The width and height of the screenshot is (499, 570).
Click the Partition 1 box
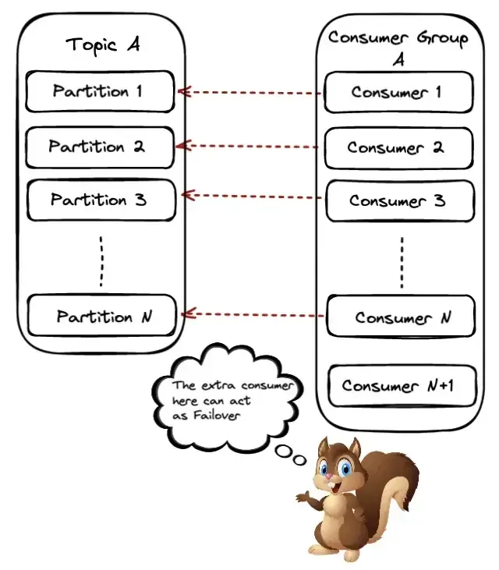pos(99,91)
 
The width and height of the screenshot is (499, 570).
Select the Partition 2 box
pos(99,147)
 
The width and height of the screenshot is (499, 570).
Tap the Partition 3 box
pos(99,200)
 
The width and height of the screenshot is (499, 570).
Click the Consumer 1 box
pos(398,92)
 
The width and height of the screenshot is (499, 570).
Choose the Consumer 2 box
pos(398,147)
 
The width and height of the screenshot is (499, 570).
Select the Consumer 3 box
pos(398,200)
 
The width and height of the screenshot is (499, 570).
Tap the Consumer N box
pos(401,317)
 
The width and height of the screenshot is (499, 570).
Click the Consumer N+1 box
pos(401,386)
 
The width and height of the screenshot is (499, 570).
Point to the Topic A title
pos(102,44)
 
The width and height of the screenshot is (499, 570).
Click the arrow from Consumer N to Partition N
pos(253,315)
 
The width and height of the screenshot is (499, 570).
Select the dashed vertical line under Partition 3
pos(101,260)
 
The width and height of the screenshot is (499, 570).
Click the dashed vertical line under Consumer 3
pos(402,262)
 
